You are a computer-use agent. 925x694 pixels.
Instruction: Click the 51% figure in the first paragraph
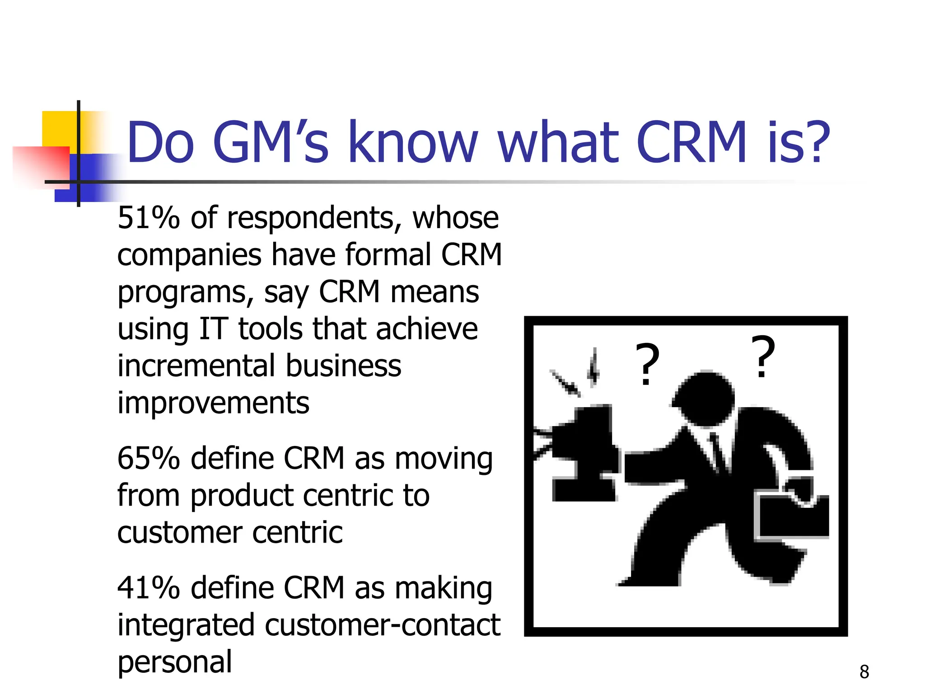tap(149, 218)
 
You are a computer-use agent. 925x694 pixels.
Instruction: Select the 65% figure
tap(149, 459)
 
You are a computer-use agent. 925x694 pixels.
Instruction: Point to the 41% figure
tap(149, 588)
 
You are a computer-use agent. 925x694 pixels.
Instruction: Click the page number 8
tap(864, 672)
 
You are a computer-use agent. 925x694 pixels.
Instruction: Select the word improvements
tap(213, 403)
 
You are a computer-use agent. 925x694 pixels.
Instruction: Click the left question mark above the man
tap(647, 364)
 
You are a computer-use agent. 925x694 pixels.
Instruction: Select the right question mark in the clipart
tap(763, 356)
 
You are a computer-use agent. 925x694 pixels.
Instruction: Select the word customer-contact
tap(383, 626)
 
